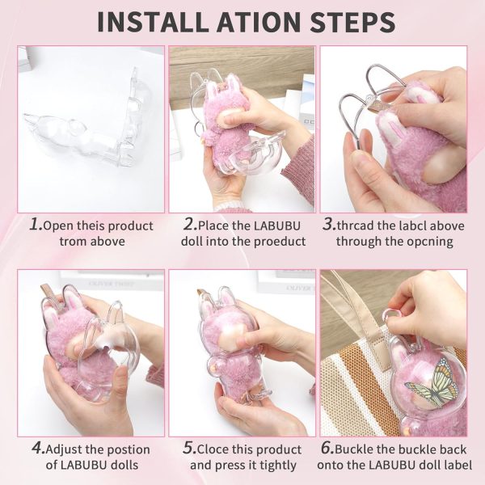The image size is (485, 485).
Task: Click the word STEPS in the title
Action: coord(352,22)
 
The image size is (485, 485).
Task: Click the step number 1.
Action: coord(36,224)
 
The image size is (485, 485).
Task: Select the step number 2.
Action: coord(190,224)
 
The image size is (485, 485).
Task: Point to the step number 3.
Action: coord(328,224)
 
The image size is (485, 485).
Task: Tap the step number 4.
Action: coord(38,448)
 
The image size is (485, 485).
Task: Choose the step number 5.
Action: coord(189,448)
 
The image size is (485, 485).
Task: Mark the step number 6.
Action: coord(327,448)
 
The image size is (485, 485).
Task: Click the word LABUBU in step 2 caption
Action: coord(276,226)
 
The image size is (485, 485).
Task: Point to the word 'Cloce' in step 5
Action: coord(213,449)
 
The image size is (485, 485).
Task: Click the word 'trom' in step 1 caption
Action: coord(70,241)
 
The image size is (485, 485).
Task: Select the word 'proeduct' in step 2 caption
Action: coord(280,242)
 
